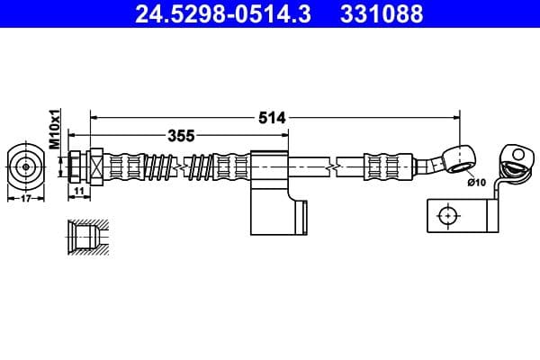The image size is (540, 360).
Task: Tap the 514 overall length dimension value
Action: [x=272, y=117]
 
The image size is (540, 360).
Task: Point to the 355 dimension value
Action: [x=182, y=136]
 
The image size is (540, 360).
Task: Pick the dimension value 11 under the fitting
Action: [x=78, y=192]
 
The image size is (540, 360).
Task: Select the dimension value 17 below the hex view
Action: [x=25, y=199]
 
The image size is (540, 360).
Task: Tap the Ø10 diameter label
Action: [x=478, y=183]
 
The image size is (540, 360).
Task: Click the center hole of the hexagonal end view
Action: [x=26, y=166]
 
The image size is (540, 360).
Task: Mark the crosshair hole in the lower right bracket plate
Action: [x=447, y=216]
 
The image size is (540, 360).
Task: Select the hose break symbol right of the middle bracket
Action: [x=334, y=166]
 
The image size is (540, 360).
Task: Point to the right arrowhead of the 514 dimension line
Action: [x=456, y=117]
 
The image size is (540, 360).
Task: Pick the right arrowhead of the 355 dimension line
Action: [x=286, y=136]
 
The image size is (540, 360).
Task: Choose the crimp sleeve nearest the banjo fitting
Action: [x=378, y=166]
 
